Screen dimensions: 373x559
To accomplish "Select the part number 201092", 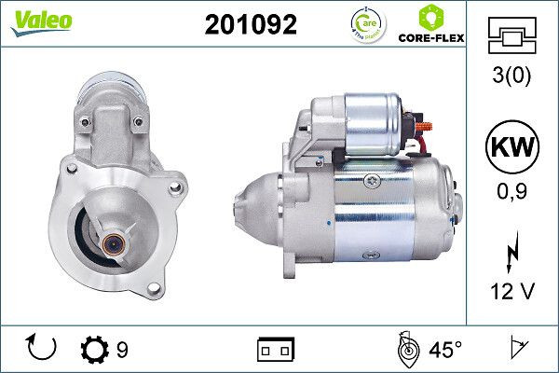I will pos(251,25).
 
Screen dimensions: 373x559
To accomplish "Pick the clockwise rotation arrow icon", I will pos(43,348).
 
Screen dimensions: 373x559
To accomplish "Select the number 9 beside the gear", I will pos(122,350).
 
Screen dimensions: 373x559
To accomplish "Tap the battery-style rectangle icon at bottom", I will pos(275,350).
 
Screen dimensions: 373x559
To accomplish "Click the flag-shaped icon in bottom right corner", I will pos(519,350).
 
